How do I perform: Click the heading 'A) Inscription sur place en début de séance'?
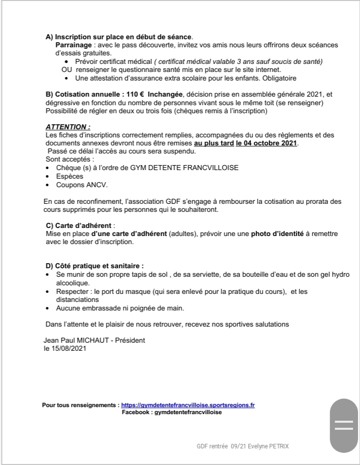tap(119, 37)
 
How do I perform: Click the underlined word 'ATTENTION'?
tap(67, 128)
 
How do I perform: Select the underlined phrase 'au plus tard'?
tap(213, 143)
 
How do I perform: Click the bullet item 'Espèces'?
tap(69, 177)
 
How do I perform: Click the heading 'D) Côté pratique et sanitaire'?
tap(94, 266)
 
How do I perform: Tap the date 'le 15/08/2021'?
tap(65, 348)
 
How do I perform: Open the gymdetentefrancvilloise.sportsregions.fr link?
tap(188, 405)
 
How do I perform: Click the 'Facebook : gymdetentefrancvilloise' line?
tap(172, 412)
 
